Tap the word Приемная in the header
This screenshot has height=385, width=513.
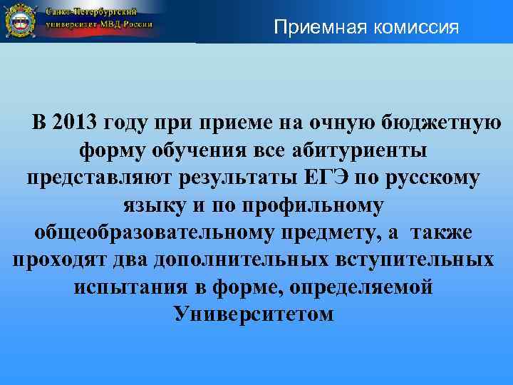tap(311, 29)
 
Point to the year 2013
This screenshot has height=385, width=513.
tap(76, 123)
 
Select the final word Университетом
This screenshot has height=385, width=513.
tap(254, 314)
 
